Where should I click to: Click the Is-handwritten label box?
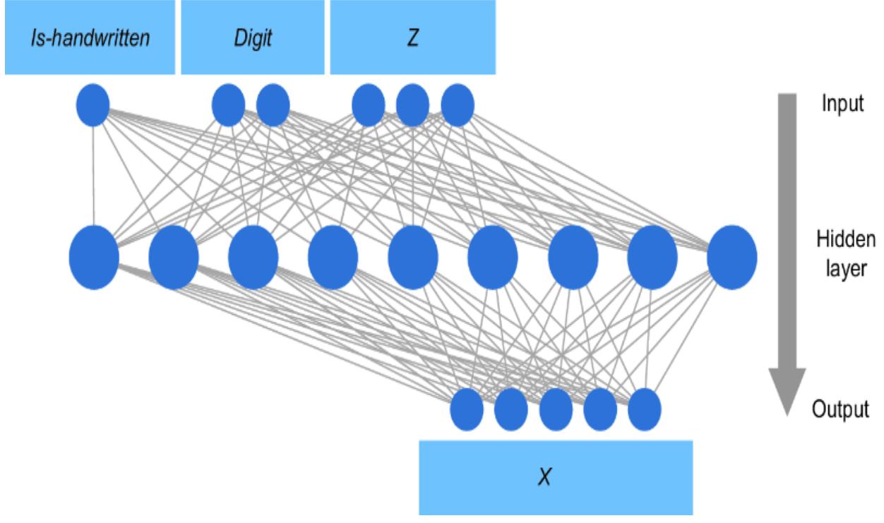coord(89,37)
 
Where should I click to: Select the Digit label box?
coord(253,37)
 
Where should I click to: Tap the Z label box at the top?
coord(413,37)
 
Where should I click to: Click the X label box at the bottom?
coord(556,478)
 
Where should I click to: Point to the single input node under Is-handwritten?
coord(93,105)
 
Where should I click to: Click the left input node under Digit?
coord(228,105)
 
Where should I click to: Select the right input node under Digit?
coord(273,105)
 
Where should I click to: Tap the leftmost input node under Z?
coord(368,105)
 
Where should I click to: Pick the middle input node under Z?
coord(412,105)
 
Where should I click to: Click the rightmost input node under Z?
coord(457,105)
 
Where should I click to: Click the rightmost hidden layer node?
coord(731,256)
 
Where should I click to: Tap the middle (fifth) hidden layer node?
coord(412,256)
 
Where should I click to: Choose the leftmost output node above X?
coord(467,409)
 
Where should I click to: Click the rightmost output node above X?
coord(644,409)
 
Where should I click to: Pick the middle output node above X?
coord(556,409)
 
